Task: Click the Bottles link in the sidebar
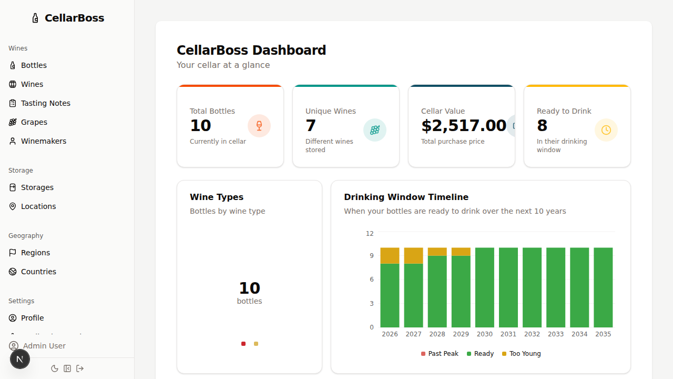click(x=34, y=65)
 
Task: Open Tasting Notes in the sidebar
click(x=45, y=103)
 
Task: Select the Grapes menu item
click(x=34, y=122)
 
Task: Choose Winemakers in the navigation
click(x=43, y=141)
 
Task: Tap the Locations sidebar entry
click(x=38, y=206)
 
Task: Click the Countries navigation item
click(x=38, y=272)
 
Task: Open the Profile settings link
click(x=32, y=318)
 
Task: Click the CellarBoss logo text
click(x=74, y=18)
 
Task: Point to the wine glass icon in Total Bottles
click(x=259, y=126)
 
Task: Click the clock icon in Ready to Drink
click(x=606, y=130)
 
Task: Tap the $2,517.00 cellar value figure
click(x=464, y=126)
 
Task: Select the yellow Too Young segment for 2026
click(x=390, y=256)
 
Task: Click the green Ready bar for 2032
click(x=532, y=287)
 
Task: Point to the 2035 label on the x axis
click(x=603, y=334)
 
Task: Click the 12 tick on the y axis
click(x=370, y=234)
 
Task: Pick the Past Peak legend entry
click(x=440, y=354)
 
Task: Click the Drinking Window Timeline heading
click(x=406, y=197)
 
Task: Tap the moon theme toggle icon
click(x=55, y=368)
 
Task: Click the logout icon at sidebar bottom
click(x=80, y=368)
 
